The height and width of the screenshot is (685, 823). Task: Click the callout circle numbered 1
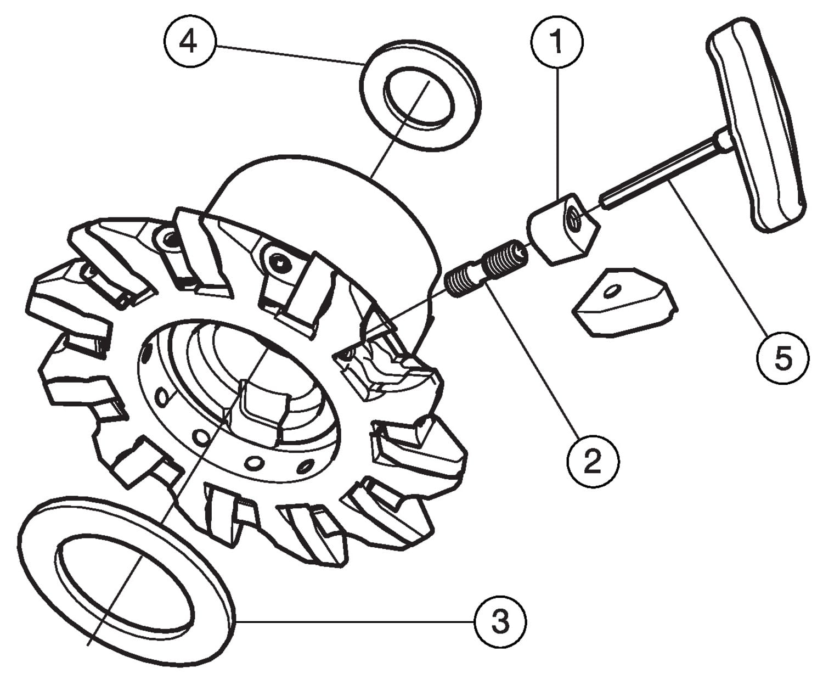tap(557, 42)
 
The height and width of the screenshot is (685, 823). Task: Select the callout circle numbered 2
tap(593, 461)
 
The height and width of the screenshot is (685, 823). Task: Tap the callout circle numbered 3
tap(500, 622)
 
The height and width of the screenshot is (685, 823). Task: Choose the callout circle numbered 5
tap(782, 358)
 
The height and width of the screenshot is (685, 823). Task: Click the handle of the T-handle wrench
tap(755, 125)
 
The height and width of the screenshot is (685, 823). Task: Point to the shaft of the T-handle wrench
tap(662, 173)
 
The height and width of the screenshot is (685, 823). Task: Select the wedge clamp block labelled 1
tap(563, 229)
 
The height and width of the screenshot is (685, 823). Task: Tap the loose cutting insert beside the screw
tap(624, 302)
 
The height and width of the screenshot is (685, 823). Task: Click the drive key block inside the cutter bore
tap(262, 412)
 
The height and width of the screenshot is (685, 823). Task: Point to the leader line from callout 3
tap(354, 622)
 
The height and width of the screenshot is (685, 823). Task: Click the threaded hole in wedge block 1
tap(573, 217)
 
